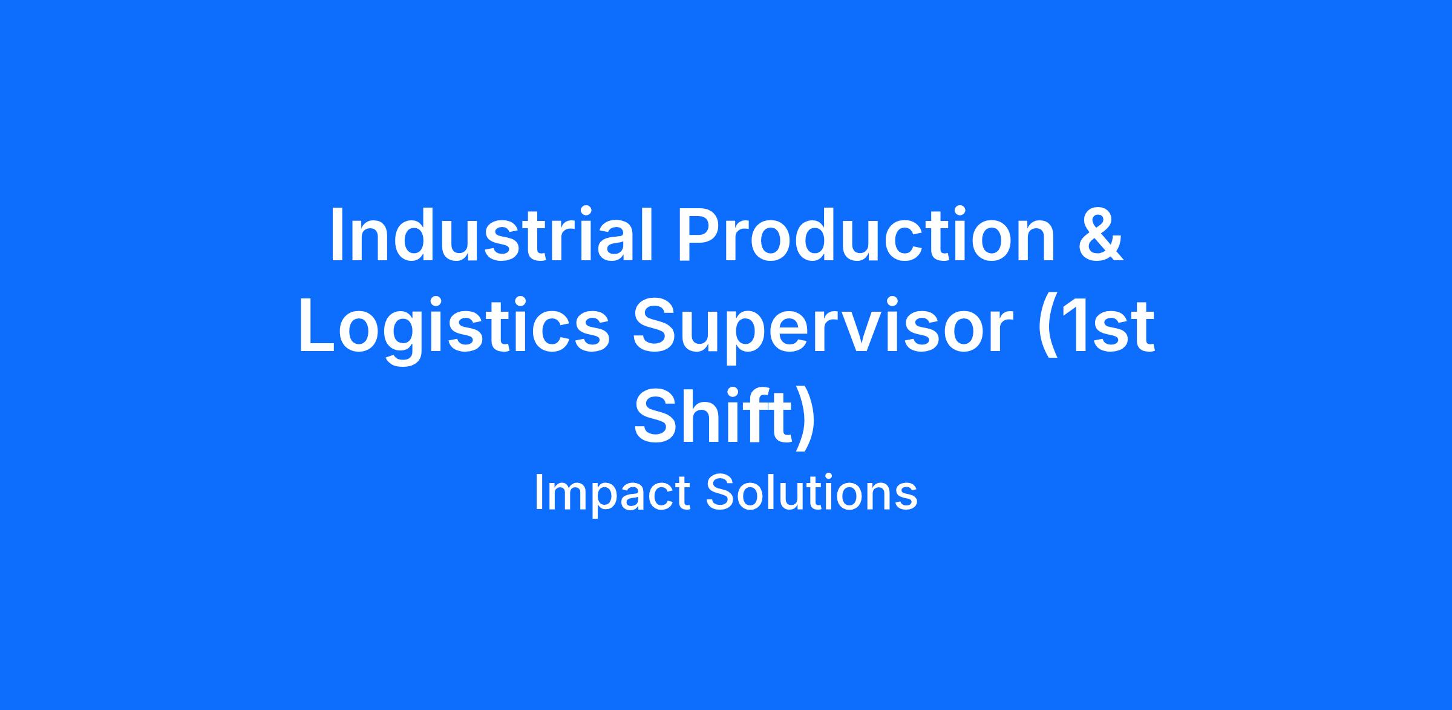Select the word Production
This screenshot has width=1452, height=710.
pos(866,234)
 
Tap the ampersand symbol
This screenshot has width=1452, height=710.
pos(1100,234)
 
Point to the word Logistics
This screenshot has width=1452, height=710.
pos(454,329)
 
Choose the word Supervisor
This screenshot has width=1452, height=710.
pos(823,329)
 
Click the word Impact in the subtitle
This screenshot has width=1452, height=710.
pos(612,493)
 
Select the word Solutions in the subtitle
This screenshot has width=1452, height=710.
pos(811,493)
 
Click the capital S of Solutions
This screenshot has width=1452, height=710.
pos(721,493)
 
